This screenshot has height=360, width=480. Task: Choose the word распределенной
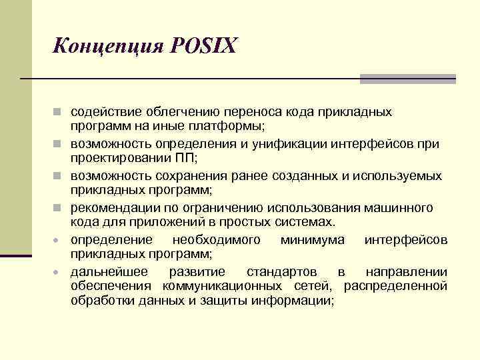pos(395,286)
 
